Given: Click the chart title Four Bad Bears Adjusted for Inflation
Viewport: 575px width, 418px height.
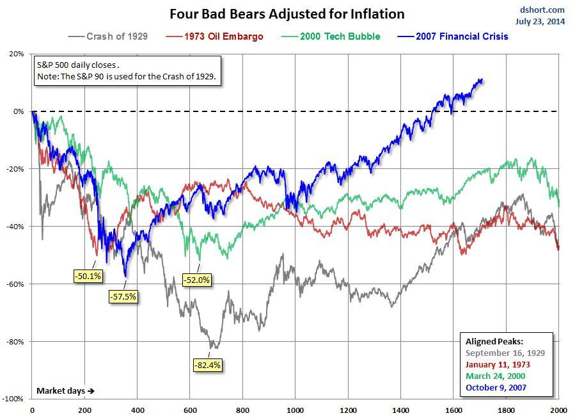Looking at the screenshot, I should (287, 13).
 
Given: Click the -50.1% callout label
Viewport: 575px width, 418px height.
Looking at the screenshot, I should (88, 276).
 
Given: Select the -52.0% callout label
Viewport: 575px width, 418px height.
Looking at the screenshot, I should (196, 280).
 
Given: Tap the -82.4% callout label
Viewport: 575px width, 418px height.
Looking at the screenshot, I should (207, 366).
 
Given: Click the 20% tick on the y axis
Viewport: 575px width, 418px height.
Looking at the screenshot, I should (17, 54).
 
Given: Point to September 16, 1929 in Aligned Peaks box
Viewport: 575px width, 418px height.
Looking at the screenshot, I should (505, 353).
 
